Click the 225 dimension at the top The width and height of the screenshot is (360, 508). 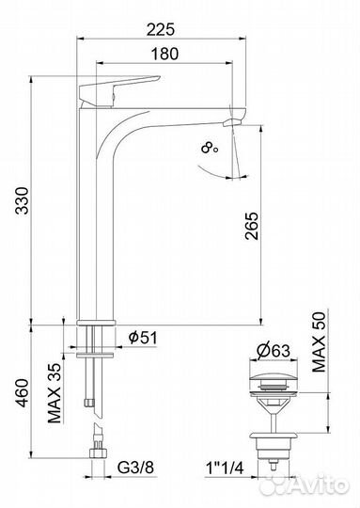pyautogui.click(x=161, y=30)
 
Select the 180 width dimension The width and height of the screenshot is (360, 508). pyautogui.click(x=164, y=54)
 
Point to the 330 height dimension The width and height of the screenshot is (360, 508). pyautogui.click(x=23, y=200)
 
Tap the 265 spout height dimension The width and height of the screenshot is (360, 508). pyautogui.click(x=252, y=226)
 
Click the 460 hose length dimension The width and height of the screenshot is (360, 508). pyautogui.click(x=23, y=392)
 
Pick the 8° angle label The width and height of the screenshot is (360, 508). pyautogui.click(x=210, y=148)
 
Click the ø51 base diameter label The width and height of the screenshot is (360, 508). pyautogui.click(x=143, y=338)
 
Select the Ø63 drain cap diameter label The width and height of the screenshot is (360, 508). pyautogui.click(x=274, y=350)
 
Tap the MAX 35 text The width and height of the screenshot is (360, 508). pyautogui.click(x=55, y=393)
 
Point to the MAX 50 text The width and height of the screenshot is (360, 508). pyautogui.click(x=319, y=341)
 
